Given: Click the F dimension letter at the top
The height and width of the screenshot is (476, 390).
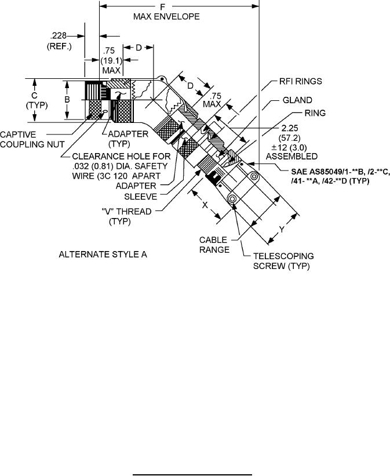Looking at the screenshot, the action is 163,7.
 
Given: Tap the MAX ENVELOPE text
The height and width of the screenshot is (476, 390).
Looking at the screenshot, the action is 166,16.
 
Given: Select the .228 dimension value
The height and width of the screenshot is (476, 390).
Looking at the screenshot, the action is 58,36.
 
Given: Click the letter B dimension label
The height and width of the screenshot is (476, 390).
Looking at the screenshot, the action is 67,99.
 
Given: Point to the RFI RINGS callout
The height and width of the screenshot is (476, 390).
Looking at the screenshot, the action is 300,81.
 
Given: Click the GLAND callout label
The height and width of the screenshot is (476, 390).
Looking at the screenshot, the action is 297,100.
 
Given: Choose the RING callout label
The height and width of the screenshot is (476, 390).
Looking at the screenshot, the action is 315,113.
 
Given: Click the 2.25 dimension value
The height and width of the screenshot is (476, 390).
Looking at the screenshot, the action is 290,128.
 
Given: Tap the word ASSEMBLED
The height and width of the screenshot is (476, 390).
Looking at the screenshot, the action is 291,157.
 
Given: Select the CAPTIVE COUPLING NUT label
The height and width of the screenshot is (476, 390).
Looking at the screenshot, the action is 32,139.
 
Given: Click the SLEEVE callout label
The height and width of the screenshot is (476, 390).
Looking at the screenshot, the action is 140,197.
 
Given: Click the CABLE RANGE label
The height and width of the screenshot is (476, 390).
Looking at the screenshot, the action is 214,245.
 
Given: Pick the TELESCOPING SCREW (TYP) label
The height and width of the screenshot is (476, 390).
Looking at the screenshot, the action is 283,261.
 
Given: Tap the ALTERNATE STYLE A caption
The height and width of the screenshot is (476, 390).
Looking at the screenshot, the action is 103,255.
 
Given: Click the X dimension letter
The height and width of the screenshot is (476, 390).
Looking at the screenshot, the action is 205,205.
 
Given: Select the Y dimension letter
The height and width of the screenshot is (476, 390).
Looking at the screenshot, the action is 282,230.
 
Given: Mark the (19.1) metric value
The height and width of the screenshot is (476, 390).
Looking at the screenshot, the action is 112,60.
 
